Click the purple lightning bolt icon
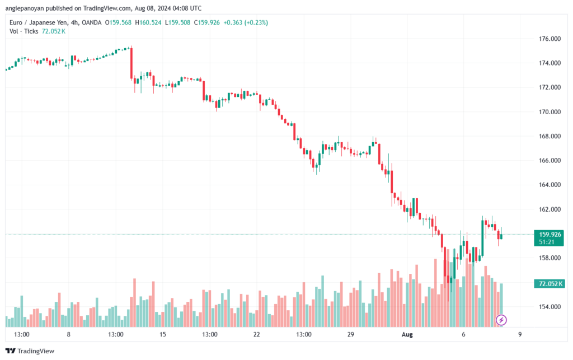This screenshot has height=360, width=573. (502, 320)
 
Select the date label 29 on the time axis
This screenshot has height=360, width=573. (351, 334)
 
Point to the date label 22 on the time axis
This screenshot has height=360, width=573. (257, 334)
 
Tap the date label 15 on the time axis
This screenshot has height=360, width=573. (163, 334)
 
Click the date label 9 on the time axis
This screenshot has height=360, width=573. (520, 334)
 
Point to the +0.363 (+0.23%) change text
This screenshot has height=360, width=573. (246, 22)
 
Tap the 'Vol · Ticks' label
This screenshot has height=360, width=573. (23, 31)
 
